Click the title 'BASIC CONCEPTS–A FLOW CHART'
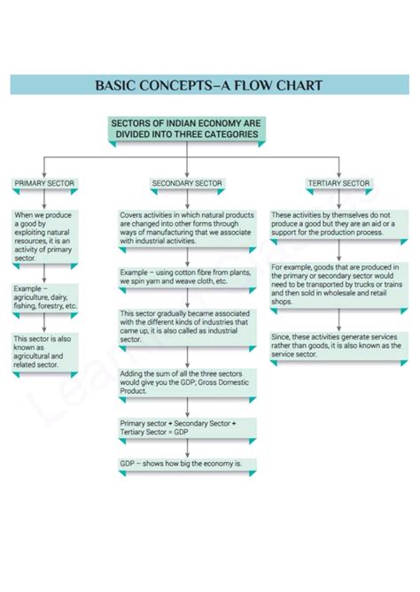tap(209, 86)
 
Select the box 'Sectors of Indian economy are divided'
tap(187, 128)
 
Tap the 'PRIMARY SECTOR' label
tap(45, 183)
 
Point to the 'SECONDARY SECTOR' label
tap(187, 183)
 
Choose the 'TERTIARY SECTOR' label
tap(338, 183)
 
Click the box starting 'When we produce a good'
tap(45, 235)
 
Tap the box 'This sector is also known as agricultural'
tap(45, 351)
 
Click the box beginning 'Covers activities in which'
tap(187, 228)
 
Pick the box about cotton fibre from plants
tap(187, 276)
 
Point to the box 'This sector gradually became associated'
tap(187, 325)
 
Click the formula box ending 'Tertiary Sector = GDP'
tap(187, 427)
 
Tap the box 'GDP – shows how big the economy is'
tap(187, 463)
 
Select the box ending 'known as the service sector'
tap(338, 345)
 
